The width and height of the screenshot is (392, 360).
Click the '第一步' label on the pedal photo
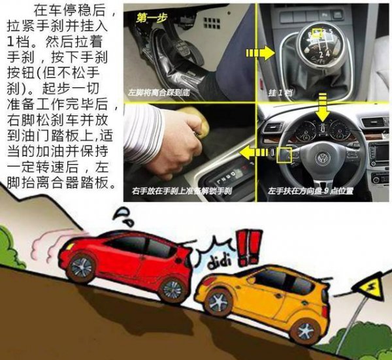pos(150,20)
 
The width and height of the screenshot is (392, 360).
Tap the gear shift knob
pos(318,43)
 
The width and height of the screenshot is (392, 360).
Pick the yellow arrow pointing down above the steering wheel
pos(321,107)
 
